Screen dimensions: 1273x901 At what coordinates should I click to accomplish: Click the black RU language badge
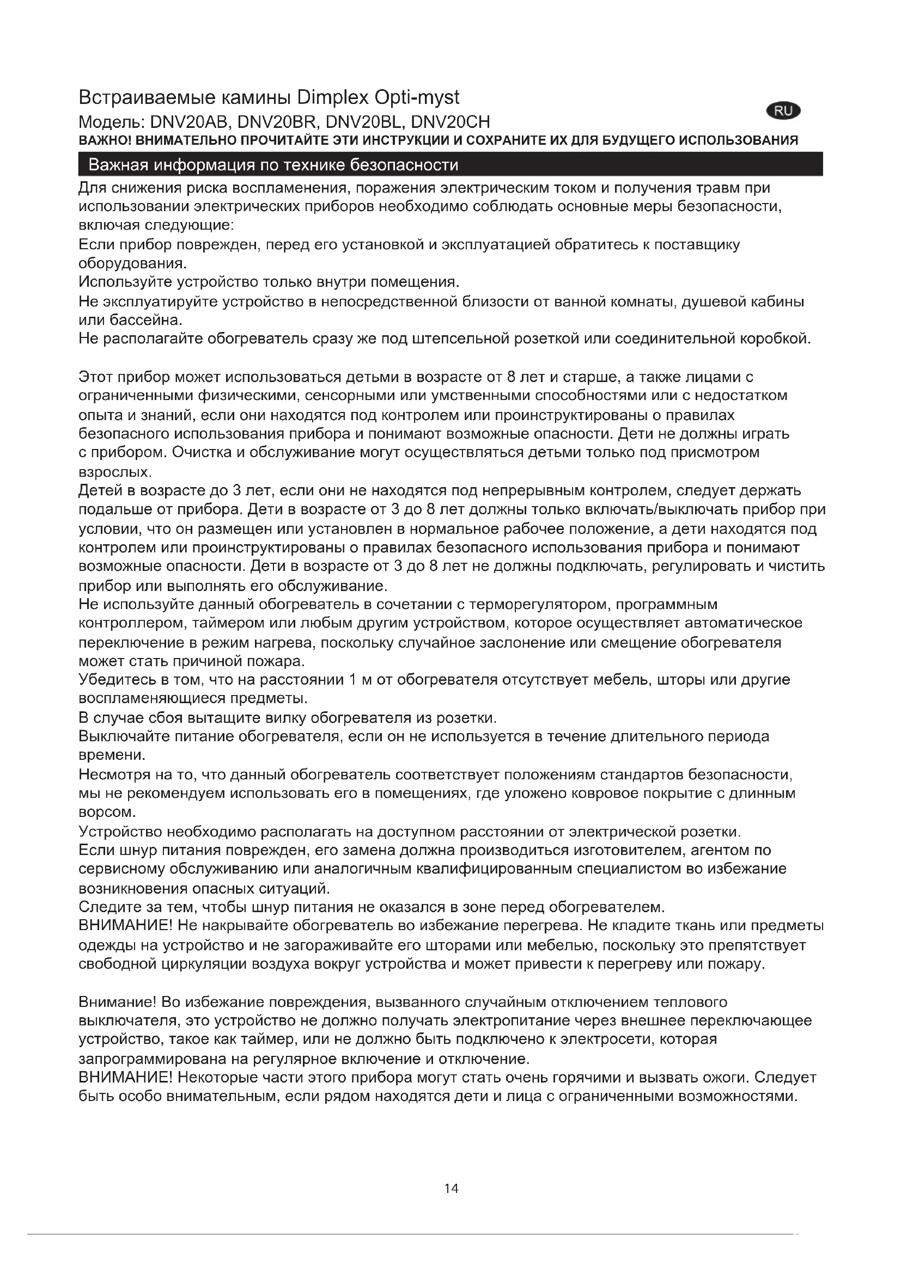[x=783, y=111]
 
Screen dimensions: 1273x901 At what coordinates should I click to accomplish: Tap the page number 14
[x=451, y=1188]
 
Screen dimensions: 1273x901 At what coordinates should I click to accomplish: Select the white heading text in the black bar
[x=273, y=165]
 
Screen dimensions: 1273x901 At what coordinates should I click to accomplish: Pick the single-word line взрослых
[x=114, y=472]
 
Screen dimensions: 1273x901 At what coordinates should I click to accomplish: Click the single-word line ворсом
[x=107, y=812]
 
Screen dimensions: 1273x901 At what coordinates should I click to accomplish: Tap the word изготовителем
[x=634, y=850]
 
